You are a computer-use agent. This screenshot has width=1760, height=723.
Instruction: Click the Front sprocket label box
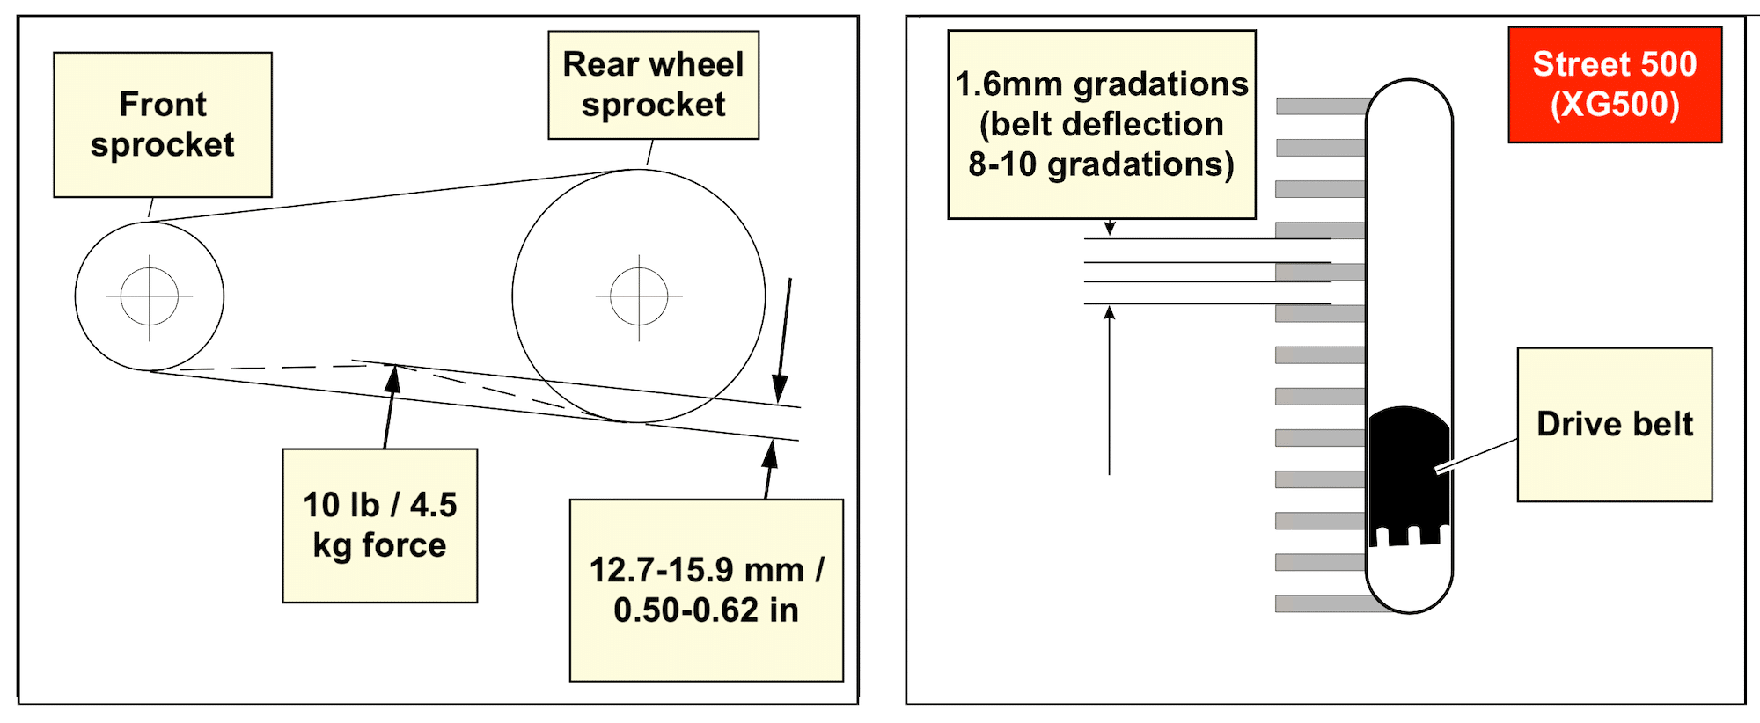click(x=163, y=124)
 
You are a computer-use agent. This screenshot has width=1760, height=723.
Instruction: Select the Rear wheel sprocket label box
click(x=653, y=84)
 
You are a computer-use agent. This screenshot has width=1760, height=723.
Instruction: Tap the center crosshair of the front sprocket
click(x=150, y=296)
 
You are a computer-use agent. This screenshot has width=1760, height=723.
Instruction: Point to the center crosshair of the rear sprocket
click(x=639, y=296)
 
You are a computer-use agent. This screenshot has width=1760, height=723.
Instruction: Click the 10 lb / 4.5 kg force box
click(x=379, y=525)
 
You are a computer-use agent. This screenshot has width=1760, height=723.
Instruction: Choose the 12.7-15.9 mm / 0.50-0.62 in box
click(x=706, y=589)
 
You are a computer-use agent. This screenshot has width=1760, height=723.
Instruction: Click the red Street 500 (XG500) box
click(x=1614, y=84)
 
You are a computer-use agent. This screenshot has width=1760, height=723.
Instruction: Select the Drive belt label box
click(x=1614, y=424)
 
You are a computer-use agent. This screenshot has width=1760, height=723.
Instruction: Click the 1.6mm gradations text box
click(x=1101, y=124)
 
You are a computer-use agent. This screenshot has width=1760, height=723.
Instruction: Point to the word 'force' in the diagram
click(x=404, y=545)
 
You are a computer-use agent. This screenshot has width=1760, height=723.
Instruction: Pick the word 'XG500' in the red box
click(x=1615, y=105)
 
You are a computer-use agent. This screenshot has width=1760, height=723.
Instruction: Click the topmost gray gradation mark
click(x=1320, y=106)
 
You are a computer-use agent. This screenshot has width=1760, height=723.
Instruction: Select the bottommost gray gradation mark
click(x=1320, y=603)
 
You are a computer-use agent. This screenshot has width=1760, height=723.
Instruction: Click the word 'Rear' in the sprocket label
click(x=601, y=64)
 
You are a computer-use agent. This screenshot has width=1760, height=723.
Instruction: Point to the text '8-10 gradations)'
click(x=1101, y=164)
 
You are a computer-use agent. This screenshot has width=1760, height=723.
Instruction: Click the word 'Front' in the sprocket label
click(x=163, y=104)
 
